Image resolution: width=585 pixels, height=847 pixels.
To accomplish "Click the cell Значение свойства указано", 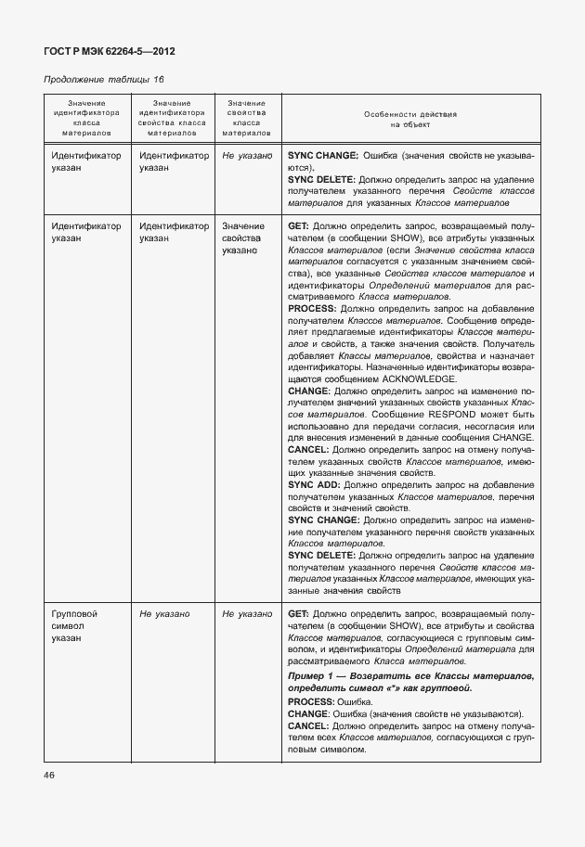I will (x=243, y=238).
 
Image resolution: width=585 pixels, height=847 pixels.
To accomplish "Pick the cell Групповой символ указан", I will (x=75, y=625).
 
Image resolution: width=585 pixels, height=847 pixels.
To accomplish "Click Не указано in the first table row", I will (x=247, y=156).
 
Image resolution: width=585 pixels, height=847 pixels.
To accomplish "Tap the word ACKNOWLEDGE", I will (x=413, y=379).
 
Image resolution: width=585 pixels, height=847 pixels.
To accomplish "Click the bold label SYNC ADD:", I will (x=314, y=484).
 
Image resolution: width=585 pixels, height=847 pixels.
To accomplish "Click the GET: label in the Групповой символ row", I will (x=298, y=614).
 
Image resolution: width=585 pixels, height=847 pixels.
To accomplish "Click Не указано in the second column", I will (x=164, y=614).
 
